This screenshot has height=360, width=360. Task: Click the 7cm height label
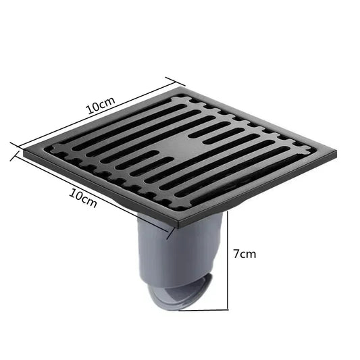pos(245,255)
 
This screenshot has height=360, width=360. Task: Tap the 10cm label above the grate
pos(100,106)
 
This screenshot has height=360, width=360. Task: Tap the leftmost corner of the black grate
pos(24,153)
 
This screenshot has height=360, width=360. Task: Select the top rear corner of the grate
pos(184,87)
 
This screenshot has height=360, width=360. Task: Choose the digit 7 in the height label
pos(236,255)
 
